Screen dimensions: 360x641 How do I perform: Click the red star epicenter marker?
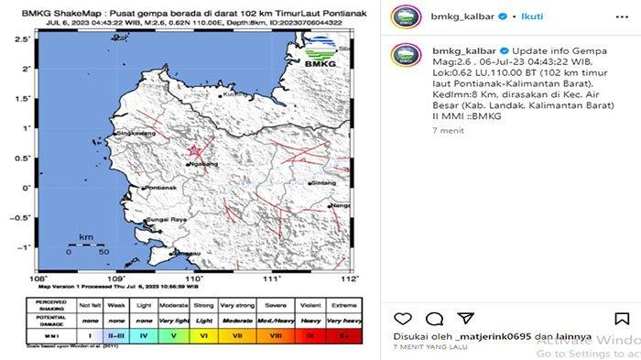click(193, 151)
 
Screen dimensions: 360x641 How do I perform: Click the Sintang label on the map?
click(324, 182)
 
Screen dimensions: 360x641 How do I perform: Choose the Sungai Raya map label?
click(168, 221)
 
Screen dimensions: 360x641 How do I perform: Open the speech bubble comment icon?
click(435, 318)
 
